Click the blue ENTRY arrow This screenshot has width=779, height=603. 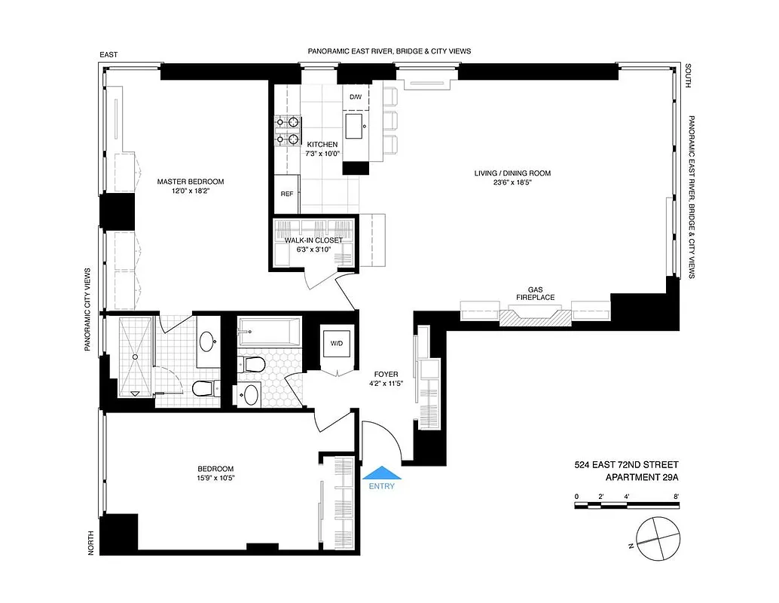coord(383,473)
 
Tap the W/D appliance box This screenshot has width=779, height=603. coord(336,344)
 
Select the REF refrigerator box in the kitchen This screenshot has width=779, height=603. coord(286,194)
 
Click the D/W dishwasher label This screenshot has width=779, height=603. coord(355,97)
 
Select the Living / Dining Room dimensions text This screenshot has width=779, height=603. coord(512,183)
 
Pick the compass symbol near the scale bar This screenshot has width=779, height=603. coord(657,539)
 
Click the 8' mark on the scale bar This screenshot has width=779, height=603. coord(677,496)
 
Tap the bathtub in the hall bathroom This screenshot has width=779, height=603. coord(269,331)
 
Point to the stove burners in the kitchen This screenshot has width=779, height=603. coord(287,129)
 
